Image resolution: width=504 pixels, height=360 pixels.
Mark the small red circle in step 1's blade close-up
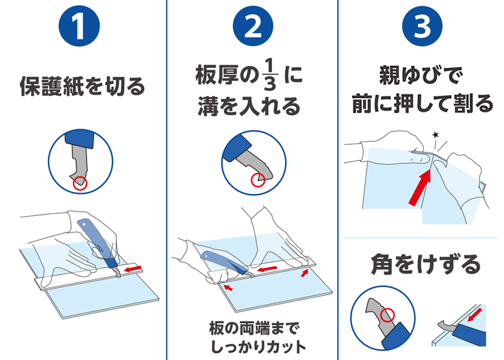(80, 184)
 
